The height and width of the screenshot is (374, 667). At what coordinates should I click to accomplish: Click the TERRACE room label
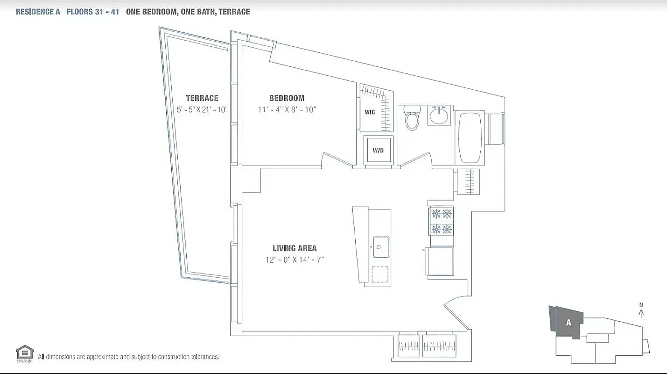pyautogui.click(x=202, y=98)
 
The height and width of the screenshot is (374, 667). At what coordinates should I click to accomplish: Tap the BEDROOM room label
pyautogui.click(x=287, y=98)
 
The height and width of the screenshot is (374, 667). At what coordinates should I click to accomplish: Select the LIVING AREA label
pyautogui.click(x=295, y=248)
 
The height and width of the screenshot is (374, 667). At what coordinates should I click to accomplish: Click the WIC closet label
pyautogui.click(x=370, y=112)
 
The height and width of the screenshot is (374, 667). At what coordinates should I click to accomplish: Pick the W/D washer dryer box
pyautogui.click(x=378, y=151)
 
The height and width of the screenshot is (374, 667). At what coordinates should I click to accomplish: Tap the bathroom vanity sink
pyautogui.click(x=439, y=115)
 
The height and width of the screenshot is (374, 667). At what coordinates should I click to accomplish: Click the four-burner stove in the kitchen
pyautogui.click(x=441, y=221)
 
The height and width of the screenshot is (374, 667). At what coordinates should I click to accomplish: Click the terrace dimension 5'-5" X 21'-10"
pyautogui.click(x=202, y=109)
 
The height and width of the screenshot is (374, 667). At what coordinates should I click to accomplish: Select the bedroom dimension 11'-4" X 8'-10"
pyautogui.click(x=287, y=109)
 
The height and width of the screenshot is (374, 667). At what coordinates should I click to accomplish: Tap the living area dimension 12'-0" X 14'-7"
pyautogui.click(x=295, y=259)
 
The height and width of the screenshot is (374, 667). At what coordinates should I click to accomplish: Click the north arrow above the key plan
pyautogui.click(x=641, y=311)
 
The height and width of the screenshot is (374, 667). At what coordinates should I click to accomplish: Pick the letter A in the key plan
pyautogui.click(x=568, y=322)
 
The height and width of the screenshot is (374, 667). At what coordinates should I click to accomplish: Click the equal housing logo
pyautogui.click(x=24, y=353)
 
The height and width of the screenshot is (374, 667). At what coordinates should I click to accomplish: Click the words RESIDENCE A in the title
pyautogui.click(x=38, y=12)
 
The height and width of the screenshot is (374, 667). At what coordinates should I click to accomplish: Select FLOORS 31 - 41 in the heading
pyautogui.click(x=92, y=12)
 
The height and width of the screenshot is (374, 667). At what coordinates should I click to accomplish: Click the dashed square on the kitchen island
pyautogui.click(x=379, y=274)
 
